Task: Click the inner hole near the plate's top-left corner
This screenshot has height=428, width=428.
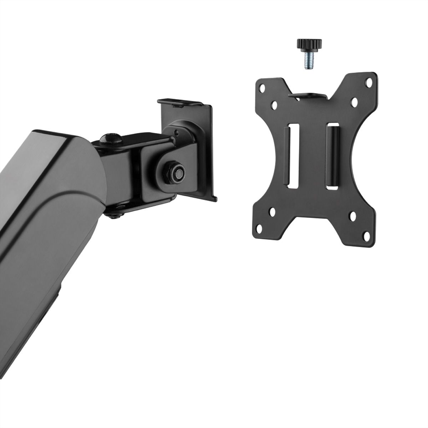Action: [x=275, y=105]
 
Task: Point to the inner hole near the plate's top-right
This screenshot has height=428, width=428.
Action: [x=355, y=102]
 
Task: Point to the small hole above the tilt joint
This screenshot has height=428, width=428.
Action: [x=177, y=132]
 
